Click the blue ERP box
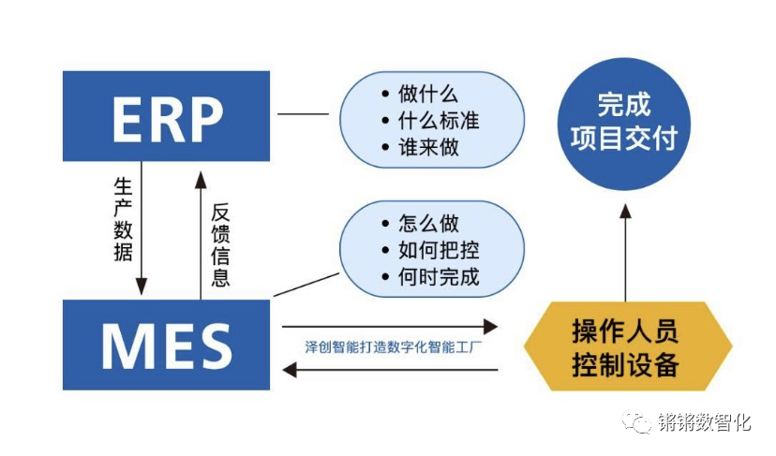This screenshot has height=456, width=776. point(166,116)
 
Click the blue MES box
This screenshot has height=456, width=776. point(166,344)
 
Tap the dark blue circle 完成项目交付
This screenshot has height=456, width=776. point(624,122)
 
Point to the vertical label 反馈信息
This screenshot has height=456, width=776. point(220,245)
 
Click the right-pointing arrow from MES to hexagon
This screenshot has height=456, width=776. point(390,327)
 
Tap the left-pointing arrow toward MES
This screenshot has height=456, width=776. point(390,370)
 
